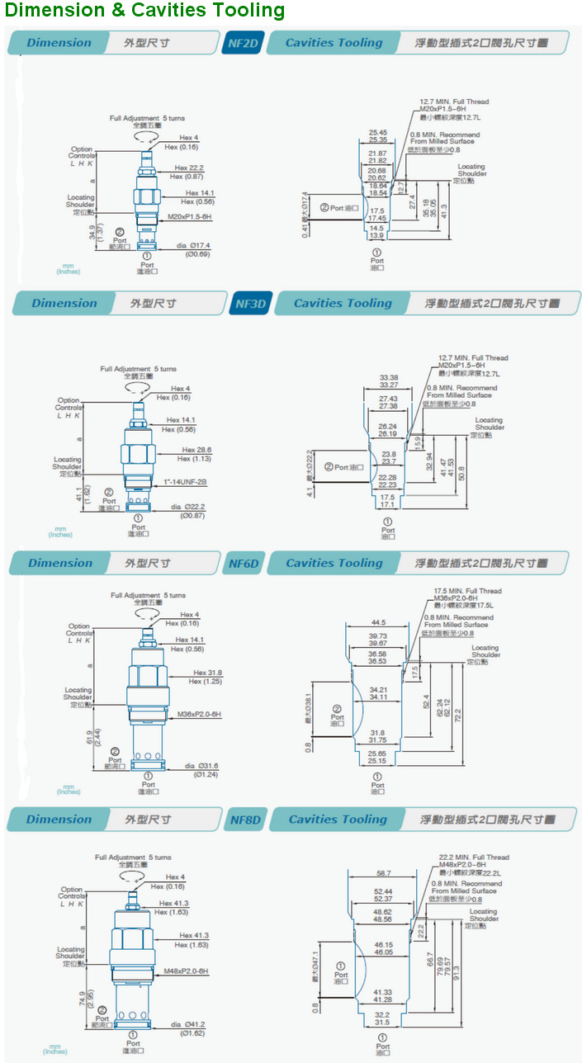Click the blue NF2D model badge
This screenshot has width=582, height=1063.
tap(242, 43)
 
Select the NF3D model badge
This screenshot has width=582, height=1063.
tap(250, 303)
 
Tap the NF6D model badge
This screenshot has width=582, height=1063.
tap(244, 564)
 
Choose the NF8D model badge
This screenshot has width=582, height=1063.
tap(244, 820)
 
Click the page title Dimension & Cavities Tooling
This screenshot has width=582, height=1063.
tap(144, 11)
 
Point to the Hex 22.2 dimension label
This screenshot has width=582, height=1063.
tap(188, 168)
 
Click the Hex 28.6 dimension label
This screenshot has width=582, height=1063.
tap(196, 451)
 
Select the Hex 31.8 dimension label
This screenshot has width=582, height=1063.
tap(207, 673)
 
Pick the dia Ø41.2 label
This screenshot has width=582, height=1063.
tap(188, 1024)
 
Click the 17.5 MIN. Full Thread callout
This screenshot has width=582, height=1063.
tap(467, 591)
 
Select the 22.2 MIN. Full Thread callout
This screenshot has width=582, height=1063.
tap(474, 857)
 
